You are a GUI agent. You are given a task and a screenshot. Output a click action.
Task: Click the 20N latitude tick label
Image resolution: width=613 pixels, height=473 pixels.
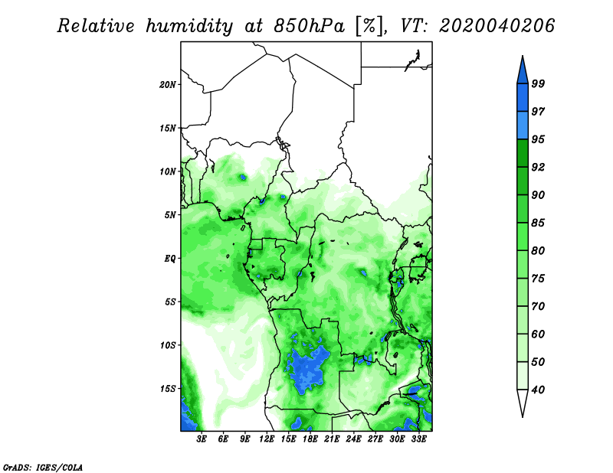(x=168, y=85)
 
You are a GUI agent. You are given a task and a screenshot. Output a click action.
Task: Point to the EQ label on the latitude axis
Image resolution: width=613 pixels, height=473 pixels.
(x=170, y=259)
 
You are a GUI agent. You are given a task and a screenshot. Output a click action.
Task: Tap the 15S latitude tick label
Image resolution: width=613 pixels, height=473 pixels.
(x=168, y=389)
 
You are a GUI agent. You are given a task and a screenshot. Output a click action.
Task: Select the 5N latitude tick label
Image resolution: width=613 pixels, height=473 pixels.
(x=170, y=215)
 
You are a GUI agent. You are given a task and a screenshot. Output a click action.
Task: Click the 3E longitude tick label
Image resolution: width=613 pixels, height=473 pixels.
(x=202, y=439)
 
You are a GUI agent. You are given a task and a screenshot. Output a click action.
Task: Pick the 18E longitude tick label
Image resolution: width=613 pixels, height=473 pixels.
(x=310, y=439)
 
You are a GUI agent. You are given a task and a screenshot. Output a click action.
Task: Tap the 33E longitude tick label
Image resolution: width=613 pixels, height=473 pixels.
(x=418, y=439)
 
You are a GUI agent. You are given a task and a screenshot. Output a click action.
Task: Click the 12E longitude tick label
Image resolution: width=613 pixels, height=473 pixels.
(x=267, y=439)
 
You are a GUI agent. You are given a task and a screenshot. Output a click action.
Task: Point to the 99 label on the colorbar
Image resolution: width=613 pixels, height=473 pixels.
(x=538, y=83)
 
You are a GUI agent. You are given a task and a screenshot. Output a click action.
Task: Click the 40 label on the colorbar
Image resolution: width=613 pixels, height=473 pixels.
(x=538, y=390)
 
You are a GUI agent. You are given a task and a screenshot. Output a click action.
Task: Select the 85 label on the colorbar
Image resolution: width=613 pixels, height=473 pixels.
(x=538, y=223)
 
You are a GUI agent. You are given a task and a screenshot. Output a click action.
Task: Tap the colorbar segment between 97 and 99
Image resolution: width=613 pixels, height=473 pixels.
(x=523, y=98)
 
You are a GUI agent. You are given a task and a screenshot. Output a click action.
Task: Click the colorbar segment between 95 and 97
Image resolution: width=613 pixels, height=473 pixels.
(x=523, y=126)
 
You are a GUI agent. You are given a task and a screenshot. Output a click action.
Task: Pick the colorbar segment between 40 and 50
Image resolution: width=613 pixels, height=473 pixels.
(x=523, y=376)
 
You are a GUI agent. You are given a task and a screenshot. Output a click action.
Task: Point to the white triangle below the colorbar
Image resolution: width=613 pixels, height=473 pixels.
(x=523, y=402)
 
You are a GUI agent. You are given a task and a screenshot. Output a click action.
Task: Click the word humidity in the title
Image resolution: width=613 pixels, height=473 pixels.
(x=189, y=26)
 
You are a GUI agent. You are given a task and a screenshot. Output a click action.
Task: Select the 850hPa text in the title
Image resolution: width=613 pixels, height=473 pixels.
(x=309, y=26)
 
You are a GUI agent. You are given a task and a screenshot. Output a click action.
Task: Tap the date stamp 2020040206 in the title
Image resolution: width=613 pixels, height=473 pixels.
(x=497, y=26)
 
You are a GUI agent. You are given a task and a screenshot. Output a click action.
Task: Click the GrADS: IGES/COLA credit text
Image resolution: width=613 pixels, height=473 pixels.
(x=43, y=467)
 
